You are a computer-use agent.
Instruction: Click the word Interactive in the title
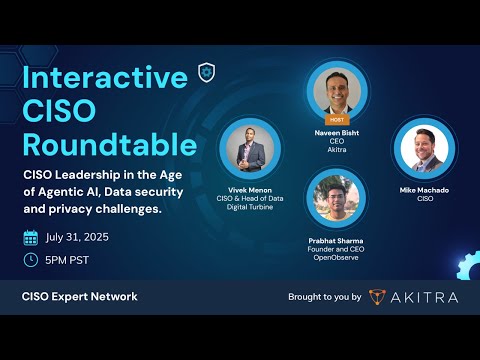(x=106, y=78)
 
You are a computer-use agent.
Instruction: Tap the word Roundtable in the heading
(x=110, y=145)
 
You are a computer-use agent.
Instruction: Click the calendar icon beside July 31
(x=31, y=238)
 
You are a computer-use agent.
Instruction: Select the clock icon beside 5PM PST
(x=31, y=260)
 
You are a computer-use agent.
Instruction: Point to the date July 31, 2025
(x=78, y=238)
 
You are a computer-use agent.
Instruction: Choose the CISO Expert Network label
(x=80, y=296)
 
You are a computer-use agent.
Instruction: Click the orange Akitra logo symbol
(x=377, y=296)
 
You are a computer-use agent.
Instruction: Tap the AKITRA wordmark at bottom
(x=424, y=296)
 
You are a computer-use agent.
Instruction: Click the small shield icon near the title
(x=207, y=72)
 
